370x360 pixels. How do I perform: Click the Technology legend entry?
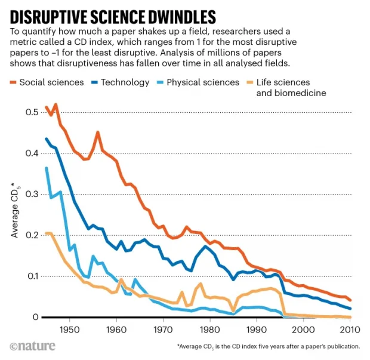pyautogui.click(x=125, y=82)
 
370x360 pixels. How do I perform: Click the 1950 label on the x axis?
pyautogui.click(x=69, y=330)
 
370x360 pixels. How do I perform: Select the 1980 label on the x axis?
pyautogui.click(x=209, y=330)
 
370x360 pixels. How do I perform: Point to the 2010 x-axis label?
pyautogui.click(x=349, y=330)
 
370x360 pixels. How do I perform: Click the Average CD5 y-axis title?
pyautogui.click(x=17, y=211)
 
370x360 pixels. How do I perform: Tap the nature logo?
pyautogui.click(x=32, y=347)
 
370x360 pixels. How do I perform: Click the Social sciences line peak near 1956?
pyautogui.click(x=97, y=133)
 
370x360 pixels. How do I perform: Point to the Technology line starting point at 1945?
pyautogui.click(x=47, y=139)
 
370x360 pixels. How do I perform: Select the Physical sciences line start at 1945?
pyautogui.click(x=47, y=168)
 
